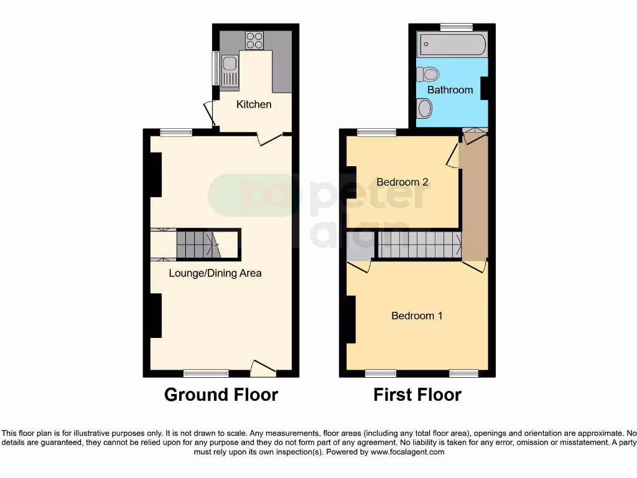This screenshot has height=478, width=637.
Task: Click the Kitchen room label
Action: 254,105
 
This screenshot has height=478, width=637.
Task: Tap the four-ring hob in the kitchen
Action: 254,40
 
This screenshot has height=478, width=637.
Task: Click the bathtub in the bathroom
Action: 452,44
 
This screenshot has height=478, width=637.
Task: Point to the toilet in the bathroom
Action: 427,75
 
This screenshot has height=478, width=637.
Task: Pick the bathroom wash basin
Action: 424,109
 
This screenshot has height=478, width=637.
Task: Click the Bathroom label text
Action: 450,90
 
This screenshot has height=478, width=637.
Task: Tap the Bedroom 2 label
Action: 402,182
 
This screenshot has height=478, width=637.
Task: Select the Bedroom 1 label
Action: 417,316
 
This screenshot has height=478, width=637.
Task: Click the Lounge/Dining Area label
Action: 215,273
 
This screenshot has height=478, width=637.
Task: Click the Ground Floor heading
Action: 221,395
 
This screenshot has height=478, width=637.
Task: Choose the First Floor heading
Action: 417,395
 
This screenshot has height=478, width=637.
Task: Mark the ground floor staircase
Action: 197,244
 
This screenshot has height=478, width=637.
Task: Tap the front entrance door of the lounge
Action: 263,368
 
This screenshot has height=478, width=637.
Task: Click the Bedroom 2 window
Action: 377,132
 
